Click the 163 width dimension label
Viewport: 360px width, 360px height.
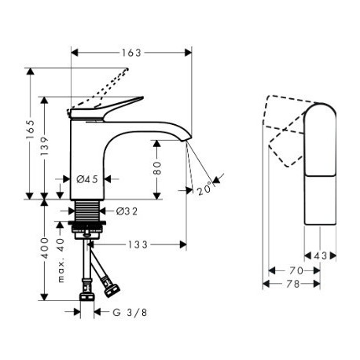click(x=131, y=53)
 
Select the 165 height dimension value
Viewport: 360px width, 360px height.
click(x=31, y=130)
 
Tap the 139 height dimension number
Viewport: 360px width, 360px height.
click(x=45, y=146)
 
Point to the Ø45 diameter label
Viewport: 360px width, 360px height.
click(x=87, y=179)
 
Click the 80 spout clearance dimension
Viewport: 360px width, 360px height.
click(x=157, y=168)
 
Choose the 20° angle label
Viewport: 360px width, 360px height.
click(x=204, y=188)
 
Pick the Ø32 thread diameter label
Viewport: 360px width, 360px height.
click(x=127, y=211)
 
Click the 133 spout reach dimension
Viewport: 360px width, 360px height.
click(x=138, y=244)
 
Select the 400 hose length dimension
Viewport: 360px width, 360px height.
click(x=45, y=248)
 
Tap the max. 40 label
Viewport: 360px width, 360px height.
click(x=61, y=260)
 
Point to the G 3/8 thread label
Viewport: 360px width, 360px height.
click(x=130, y=312)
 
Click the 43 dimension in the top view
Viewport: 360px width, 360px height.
click(x=320, y=255)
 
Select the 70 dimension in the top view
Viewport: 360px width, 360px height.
click(x=296, y=270)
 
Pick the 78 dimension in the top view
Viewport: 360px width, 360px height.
click(x=292, y=284)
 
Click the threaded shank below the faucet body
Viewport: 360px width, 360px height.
click(x=87, y=211)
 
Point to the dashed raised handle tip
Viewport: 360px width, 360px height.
click(x=127, y=69)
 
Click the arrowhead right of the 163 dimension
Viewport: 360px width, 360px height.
click(x=188, y=53)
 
